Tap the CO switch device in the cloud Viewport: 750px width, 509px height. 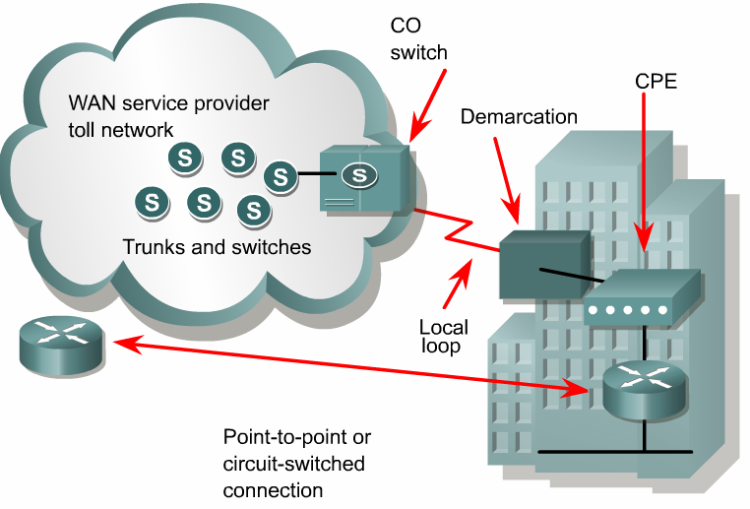click(x=365, y=177)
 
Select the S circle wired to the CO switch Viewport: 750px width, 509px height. click(x=281, y=177)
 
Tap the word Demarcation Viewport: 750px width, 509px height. click(x=519, y=117)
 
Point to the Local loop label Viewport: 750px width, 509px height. click(x=443, y=337)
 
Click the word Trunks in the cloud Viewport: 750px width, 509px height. click(x=154, y=247)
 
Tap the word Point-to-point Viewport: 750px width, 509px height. click(x=296, y=437)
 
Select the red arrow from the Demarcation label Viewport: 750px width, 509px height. click(x=504, y=177)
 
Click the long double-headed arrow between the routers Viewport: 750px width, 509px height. click(x=344, y=366)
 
